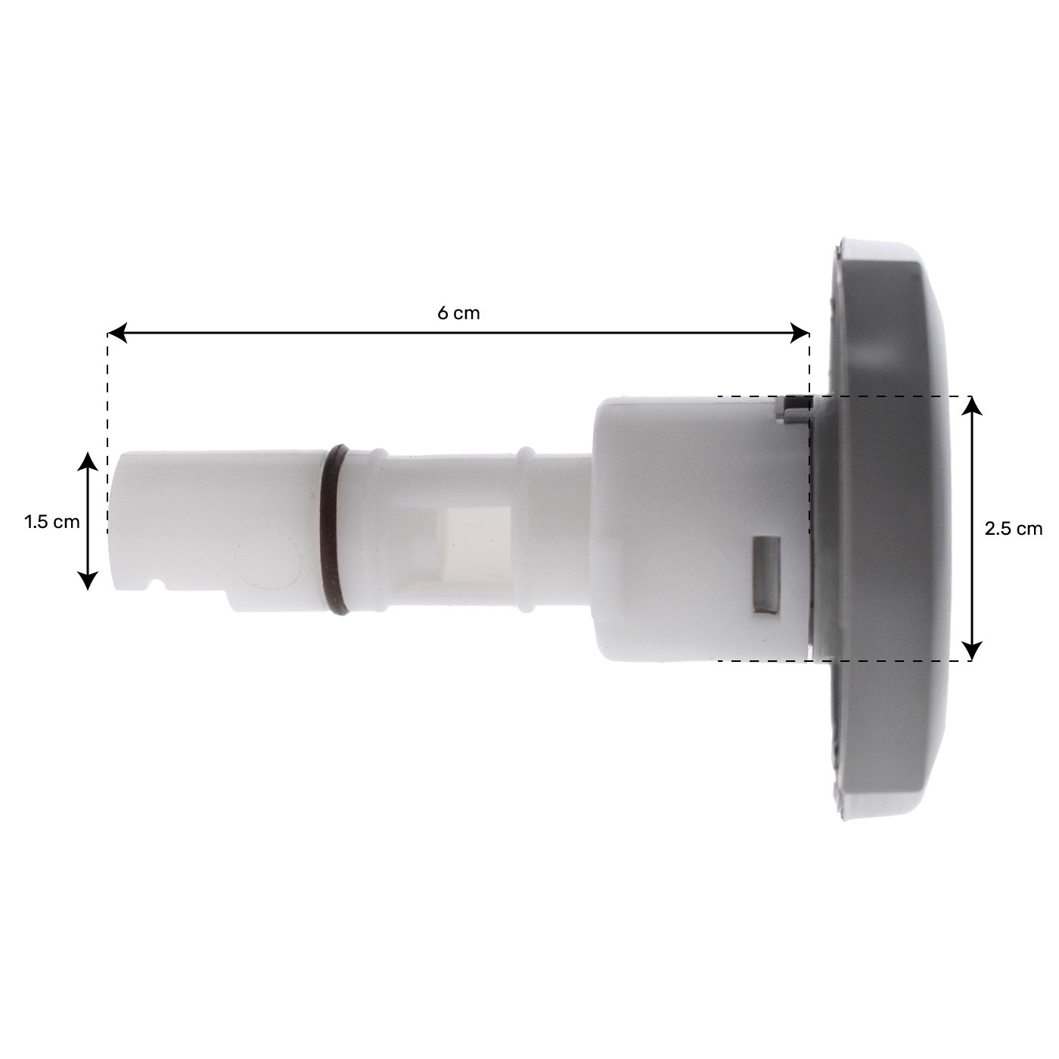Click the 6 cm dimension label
[x=458, y=313]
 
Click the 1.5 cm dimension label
[x=51, y=521]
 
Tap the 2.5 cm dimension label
[x=1013, y=529]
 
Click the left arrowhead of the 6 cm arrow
[x=116, y=333]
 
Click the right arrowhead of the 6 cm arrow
[x=800, y=333]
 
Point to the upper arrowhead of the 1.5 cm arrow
[x=88, y=462]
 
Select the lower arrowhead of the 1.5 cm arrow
[x=88, y=580]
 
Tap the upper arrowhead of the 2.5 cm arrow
[x=973, y=407]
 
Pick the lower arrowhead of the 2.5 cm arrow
[x=973, y=651]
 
